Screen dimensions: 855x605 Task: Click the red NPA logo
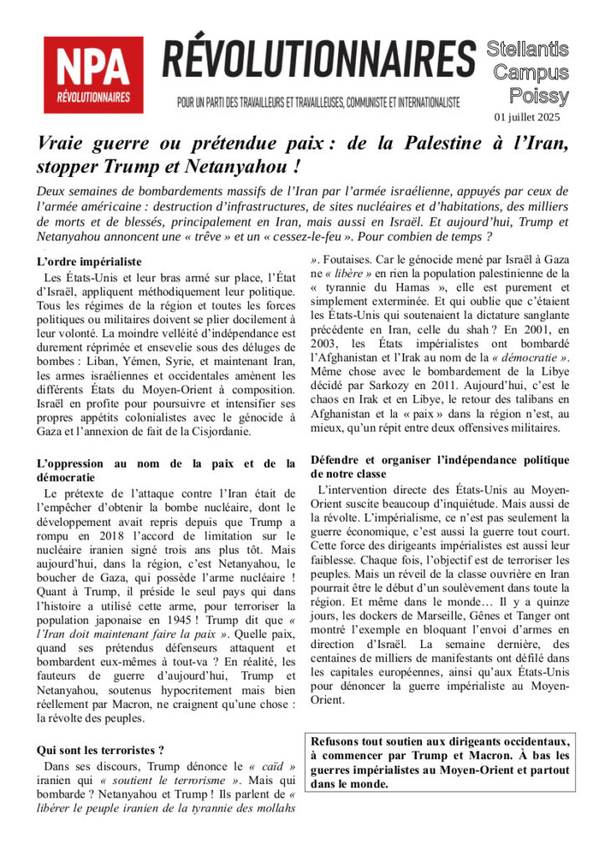tap(93, 75)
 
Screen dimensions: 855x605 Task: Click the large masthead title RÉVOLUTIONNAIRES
tap(318, 60)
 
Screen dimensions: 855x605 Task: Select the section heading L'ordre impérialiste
tap(89, 261)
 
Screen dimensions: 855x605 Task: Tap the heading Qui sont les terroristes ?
tap(100, 749)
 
